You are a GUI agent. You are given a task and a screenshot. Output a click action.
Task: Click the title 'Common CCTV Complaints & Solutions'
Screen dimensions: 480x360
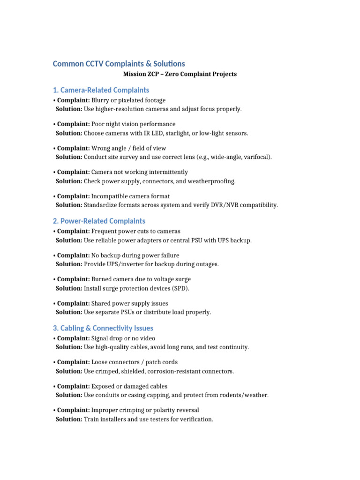click(x=119, y=64)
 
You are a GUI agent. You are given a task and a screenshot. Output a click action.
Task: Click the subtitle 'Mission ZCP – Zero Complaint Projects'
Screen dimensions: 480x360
click(x=180, y=74)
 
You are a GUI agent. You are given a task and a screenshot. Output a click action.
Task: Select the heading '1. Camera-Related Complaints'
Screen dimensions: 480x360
click(x=101, y=90)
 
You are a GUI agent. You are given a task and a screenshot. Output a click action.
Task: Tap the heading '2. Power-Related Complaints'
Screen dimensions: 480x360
click(x=99, y=221)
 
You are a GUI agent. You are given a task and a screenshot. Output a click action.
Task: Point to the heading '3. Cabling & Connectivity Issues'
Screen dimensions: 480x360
click(x=103, y=328)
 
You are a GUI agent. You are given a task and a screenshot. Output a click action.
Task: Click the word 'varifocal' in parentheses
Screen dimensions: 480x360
click(x=255, y=157)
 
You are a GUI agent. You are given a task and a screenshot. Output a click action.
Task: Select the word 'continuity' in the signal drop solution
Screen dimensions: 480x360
click(x=233, y=347)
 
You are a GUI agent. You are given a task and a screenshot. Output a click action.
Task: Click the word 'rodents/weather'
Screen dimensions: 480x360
click(x=244, y=395)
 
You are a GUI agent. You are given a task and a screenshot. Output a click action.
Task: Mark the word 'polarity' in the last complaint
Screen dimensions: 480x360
click(x=161, y=410)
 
